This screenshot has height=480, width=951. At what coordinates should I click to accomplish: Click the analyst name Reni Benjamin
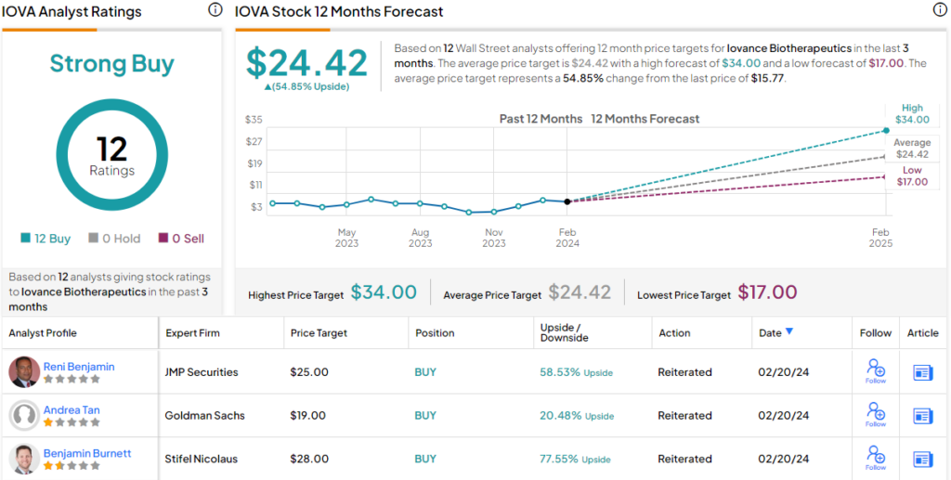point(79,367)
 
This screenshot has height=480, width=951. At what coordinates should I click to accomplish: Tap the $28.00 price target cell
point(309,459)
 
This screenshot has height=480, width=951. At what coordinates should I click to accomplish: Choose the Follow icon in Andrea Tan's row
point(876,413)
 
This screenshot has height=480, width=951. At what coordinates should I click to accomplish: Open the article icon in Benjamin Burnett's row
point(922,460)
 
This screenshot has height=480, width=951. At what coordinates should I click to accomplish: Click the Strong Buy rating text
point(111,64)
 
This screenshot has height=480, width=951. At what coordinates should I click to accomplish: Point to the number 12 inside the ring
point(111,149)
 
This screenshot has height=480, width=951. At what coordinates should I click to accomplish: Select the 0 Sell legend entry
point(181,239)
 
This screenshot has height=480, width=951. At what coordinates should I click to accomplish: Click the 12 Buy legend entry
point(46,239)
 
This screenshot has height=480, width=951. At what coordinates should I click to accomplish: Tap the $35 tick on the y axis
point(253,120)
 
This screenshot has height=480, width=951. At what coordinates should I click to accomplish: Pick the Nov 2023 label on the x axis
point(494,238)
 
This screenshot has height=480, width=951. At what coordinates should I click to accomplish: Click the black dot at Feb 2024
point(567,201)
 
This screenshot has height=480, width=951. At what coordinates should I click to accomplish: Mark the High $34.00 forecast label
point(912,114)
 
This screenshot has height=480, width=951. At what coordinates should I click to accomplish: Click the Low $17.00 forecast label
point(912,176)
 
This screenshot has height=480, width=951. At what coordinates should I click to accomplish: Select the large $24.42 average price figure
point(306,62)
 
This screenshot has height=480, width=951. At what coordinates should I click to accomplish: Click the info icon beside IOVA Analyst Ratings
point(215,10)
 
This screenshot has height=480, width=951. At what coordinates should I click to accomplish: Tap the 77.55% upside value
point(560,459)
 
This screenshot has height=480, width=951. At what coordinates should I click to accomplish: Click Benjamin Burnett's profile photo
point(24,459)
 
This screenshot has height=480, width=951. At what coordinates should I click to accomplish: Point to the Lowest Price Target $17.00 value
point(767,292)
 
